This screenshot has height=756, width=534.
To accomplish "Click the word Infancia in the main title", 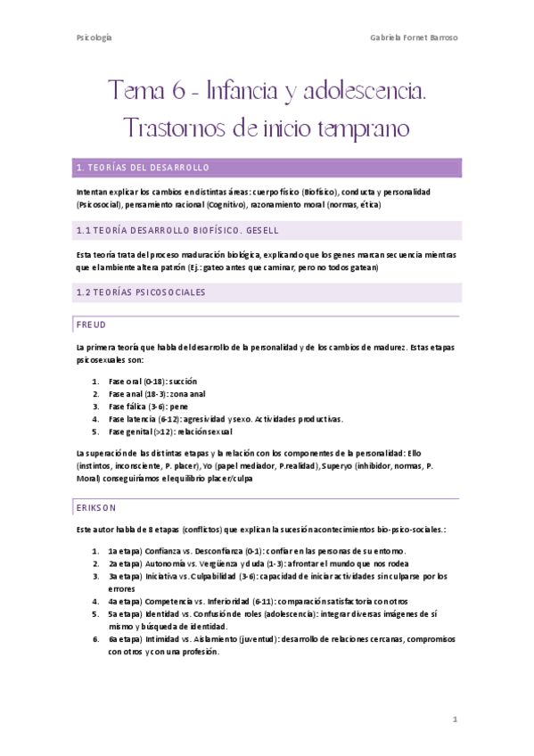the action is click(x=242, y=91).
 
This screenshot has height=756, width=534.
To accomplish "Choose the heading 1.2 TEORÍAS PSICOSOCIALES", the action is click(x=142, y=292).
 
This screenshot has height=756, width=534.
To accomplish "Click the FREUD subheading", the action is click(x=92, y=325).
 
